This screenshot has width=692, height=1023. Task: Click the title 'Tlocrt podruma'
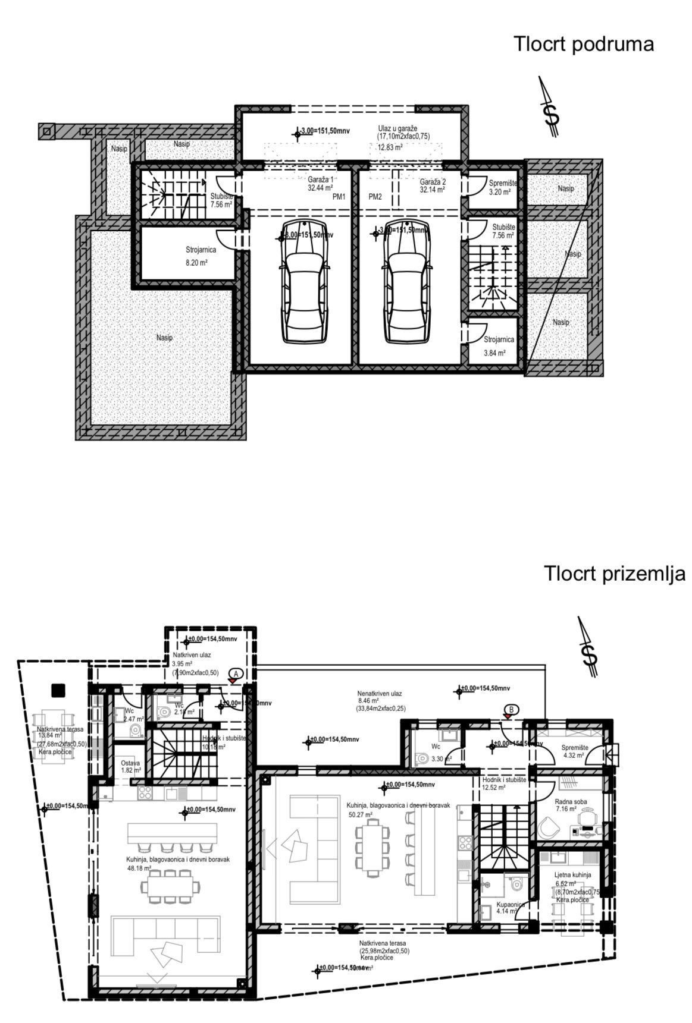coord(583,44)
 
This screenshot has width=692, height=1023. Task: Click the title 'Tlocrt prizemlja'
coord(614,574)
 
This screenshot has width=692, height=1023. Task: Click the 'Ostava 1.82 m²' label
coord(130,766)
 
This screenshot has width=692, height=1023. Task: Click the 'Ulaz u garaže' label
coord(397,128)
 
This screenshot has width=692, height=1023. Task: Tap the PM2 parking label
coord(375,197)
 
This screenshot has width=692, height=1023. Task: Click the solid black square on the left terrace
coord(58,690)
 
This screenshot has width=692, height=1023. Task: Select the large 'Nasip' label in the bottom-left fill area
coord(164,338)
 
